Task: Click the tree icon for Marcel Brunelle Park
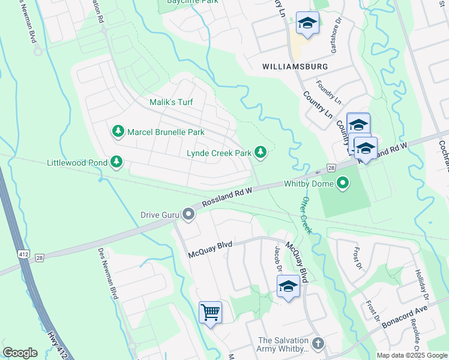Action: tap(118, 131)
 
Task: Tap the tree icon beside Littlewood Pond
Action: tap(116, 162)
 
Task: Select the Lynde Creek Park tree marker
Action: tap(261, 152)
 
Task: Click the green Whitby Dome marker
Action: tap(343, 182)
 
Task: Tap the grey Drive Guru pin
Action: tap(189, 214)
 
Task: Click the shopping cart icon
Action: tap(211, 311)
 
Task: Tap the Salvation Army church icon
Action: tap(318, 344)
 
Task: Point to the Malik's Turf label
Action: tap(171, 102)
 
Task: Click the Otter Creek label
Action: tap(307, 214)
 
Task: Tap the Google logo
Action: tap(20, 353)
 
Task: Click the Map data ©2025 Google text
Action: tap(411, 355)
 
